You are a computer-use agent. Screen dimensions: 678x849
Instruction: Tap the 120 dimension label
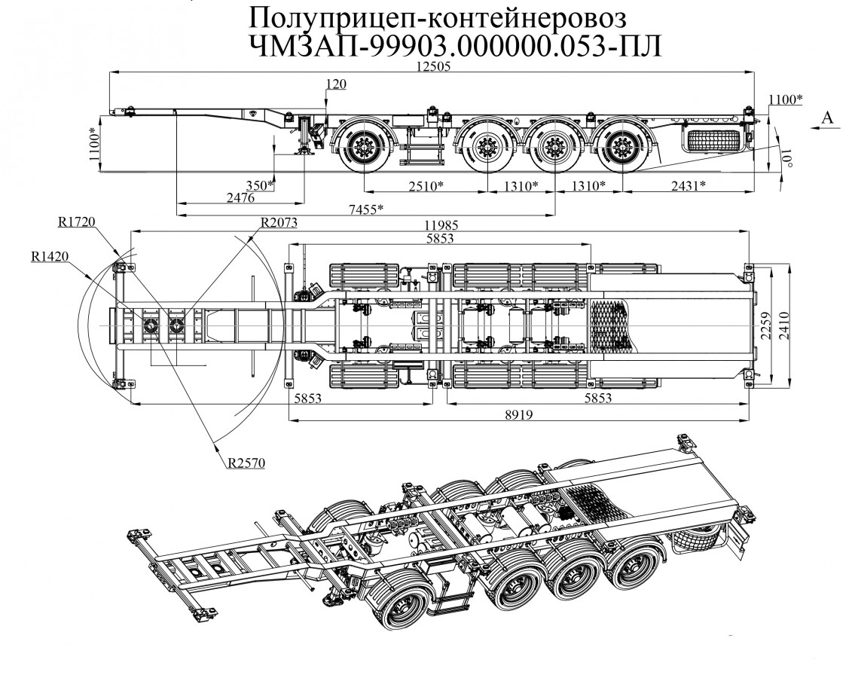(x=337, y=84)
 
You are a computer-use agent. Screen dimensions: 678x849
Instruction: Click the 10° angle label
(x=788, y=160)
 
